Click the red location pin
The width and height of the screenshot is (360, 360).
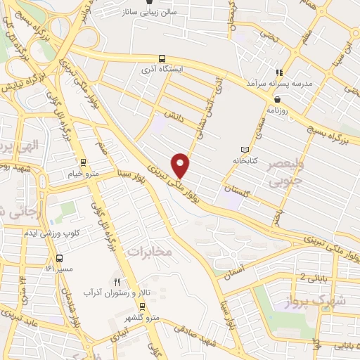[181, 165]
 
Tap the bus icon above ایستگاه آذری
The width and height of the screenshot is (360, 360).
[162, 59]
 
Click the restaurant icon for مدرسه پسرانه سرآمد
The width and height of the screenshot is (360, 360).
[279, 72]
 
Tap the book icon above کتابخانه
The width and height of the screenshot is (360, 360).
[244, 150]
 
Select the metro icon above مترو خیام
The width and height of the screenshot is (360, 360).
[84, 162]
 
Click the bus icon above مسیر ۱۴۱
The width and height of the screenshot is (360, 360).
[59, 258]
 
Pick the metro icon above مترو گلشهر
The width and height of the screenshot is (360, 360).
[142, 307]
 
